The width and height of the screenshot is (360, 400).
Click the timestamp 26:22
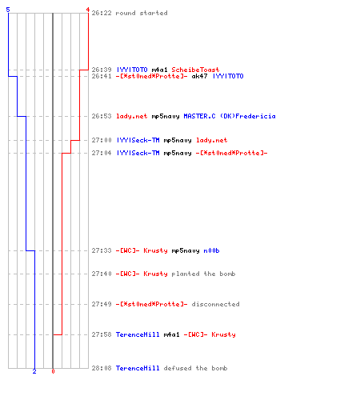coord(102,13)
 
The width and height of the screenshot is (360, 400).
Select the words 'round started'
coord(142,13)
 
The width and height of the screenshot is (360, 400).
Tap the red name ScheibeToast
coord(195,70)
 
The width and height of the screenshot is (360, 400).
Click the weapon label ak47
coord(199,76)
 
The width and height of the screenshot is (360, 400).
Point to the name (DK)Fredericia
coord(248,116)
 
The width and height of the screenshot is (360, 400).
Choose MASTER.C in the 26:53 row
coord(199,116)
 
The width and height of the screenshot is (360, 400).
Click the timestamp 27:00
coord(102,140)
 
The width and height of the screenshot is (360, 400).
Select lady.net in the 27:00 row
coord(212,140)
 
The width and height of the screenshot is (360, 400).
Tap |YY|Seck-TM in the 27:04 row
coord(138,153)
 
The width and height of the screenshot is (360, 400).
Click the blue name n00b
coord(211,250)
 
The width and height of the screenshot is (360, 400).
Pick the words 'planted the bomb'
coord(203,274)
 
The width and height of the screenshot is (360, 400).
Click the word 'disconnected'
coord(215,304)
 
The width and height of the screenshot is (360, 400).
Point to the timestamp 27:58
coord(102,334)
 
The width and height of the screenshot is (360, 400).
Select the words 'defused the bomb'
coord(195,368)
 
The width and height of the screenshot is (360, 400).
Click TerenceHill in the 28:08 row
coord(138,368)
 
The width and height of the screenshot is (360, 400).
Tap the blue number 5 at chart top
coord(8,10)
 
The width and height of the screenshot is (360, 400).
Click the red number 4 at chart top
coord(88,10)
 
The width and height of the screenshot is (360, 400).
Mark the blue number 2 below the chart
coord(34,371)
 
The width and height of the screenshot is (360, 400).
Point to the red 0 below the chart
coord(53,371)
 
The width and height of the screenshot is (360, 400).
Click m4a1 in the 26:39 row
coord(159,70)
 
